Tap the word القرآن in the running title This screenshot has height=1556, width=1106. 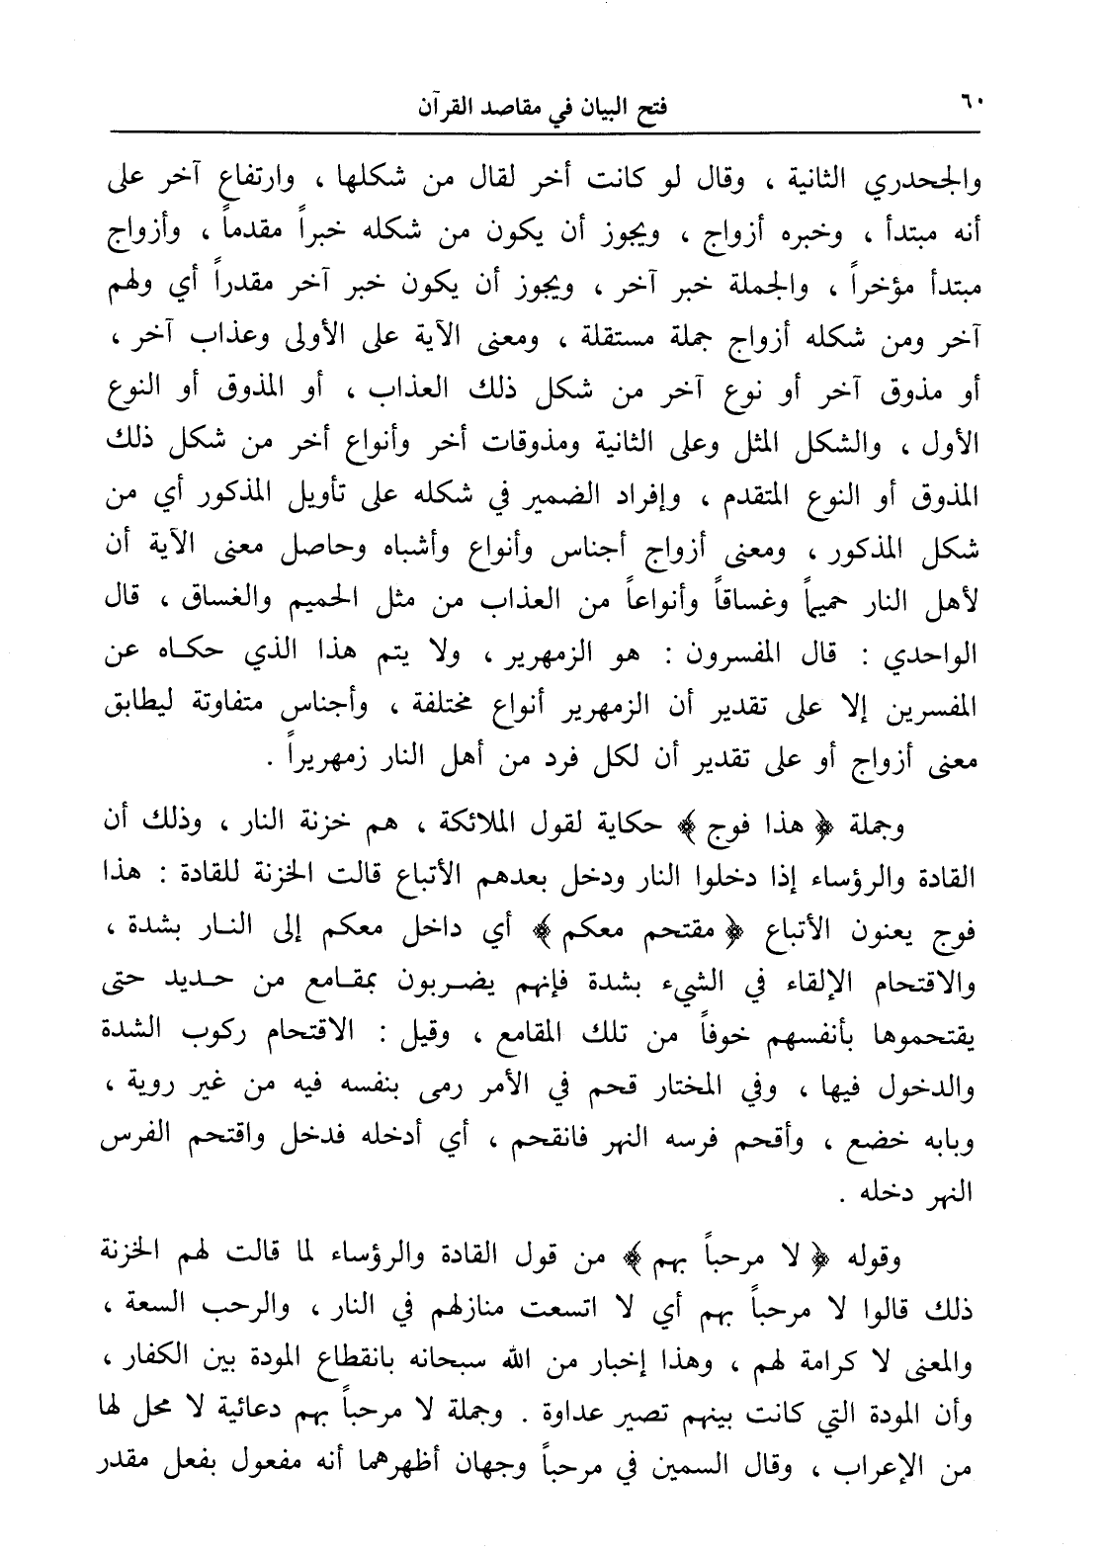(451, 106)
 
